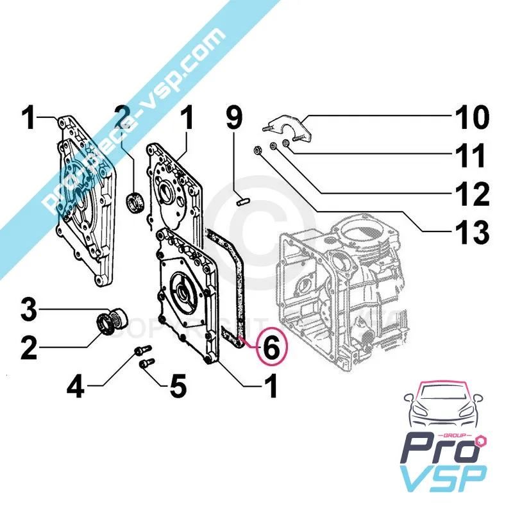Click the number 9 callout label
[x=235, y=118]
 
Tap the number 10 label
[x=471, y=119]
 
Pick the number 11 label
[x=471, y=156]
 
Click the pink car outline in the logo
[x=442, y=407]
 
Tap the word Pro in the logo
[x=436, y=446]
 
